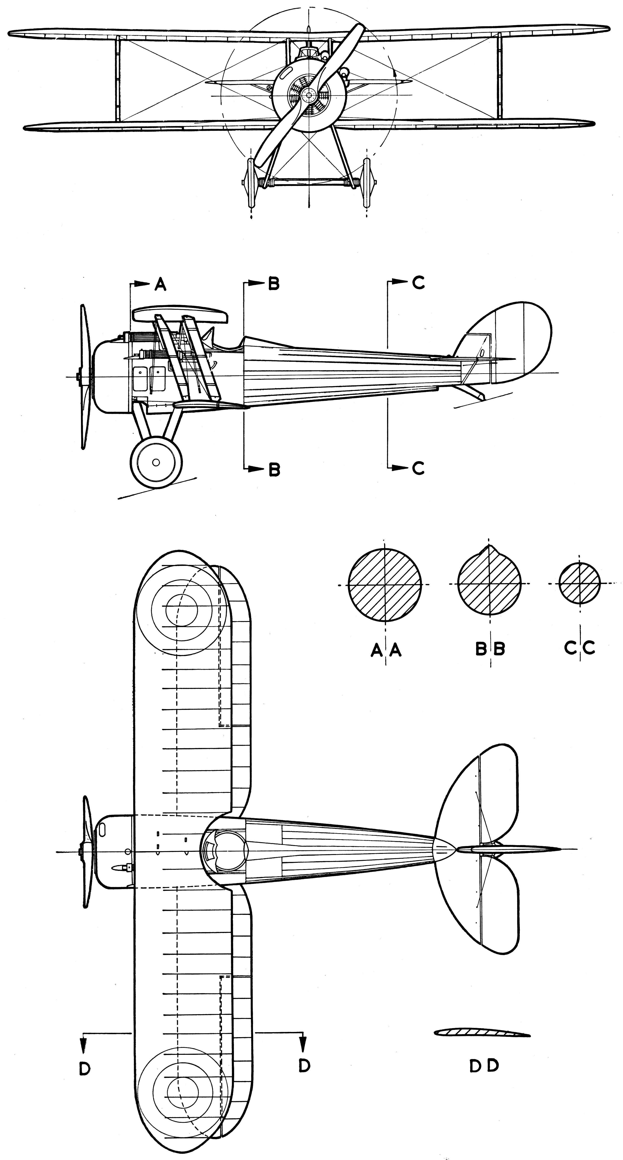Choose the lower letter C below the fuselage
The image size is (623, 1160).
418,468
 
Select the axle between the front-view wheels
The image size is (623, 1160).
309,182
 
